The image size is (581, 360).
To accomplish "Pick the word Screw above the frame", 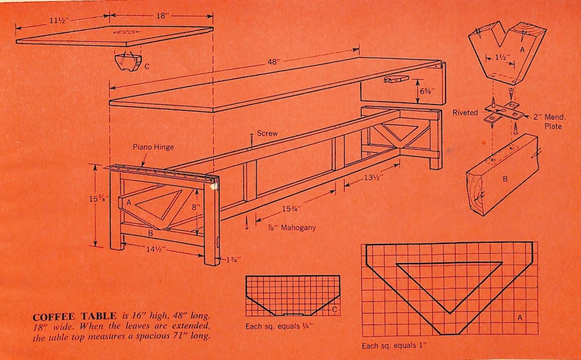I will point(267,134).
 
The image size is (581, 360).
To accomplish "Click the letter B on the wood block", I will point(505,179).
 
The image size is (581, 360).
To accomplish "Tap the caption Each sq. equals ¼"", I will point(279,326).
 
